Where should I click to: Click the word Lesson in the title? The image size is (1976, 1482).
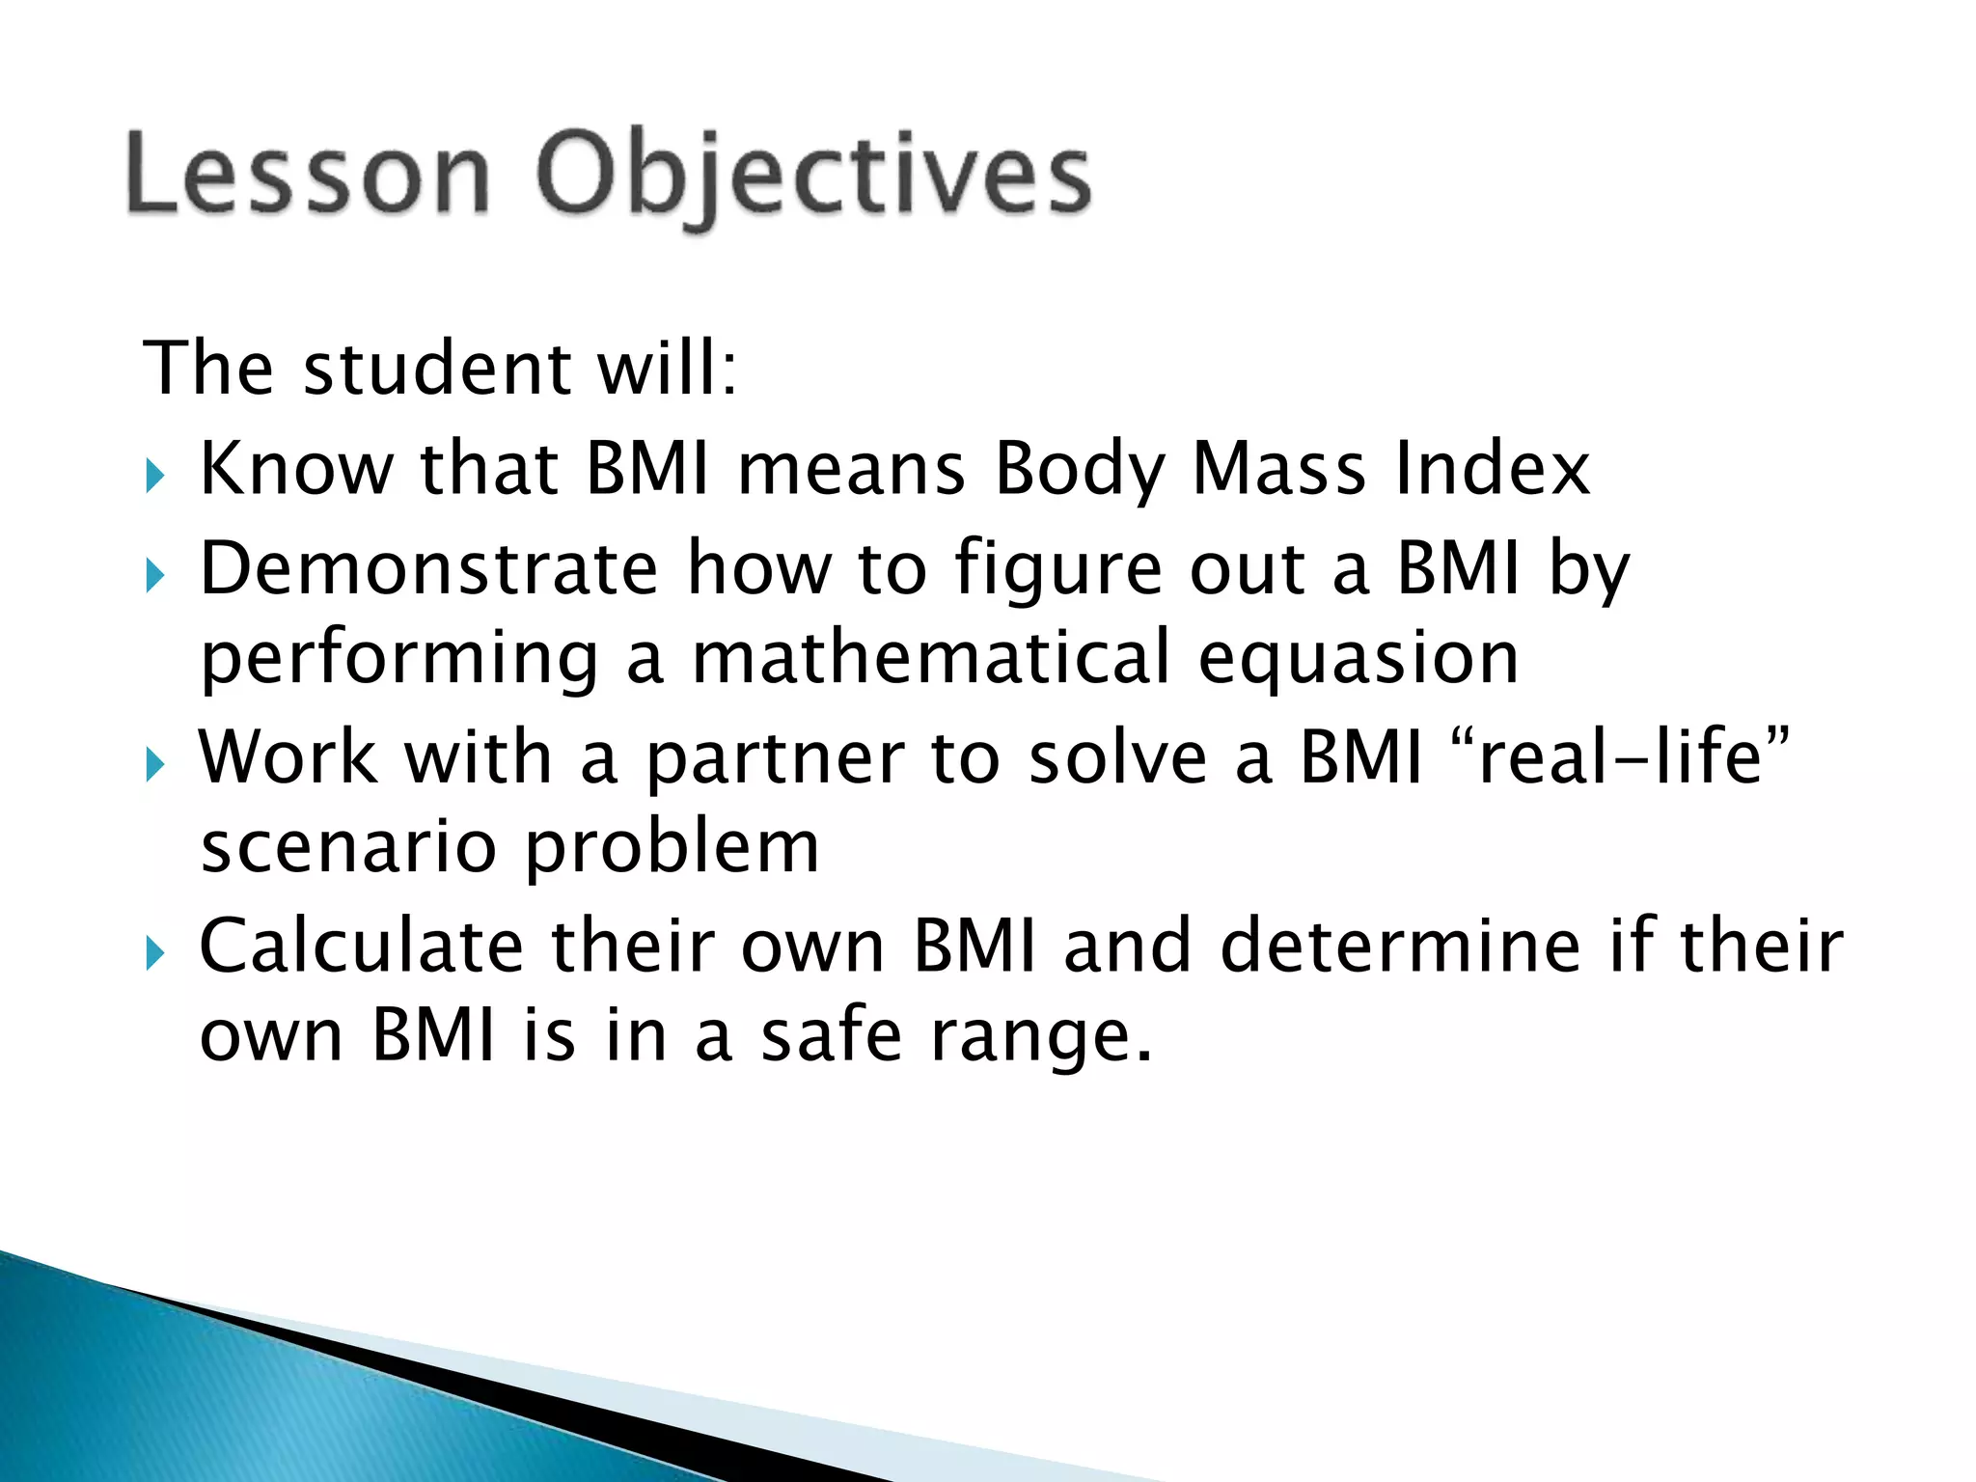(x=307, y=174)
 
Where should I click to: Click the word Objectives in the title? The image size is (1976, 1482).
(x=813, y=178)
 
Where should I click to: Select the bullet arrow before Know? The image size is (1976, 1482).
(x=155, y=475)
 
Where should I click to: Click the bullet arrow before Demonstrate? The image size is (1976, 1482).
(x=155, y=576)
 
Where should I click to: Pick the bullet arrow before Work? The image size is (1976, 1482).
(x=155, y=765)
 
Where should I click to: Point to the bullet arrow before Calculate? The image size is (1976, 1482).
(x=155, y=953)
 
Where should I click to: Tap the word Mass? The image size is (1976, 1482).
(x=1278, y=469)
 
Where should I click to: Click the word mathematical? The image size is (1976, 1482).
(x=931, y=657)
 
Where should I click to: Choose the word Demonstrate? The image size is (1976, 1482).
(x=428, y=568)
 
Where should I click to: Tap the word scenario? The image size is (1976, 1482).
(x=347, y=846)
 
